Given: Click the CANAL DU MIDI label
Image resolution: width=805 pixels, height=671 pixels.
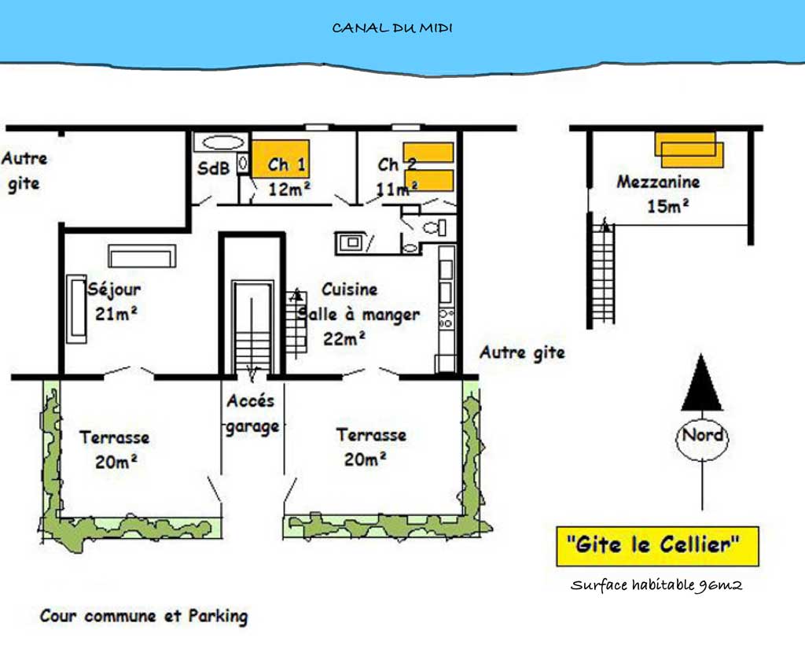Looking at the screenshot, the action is (392, 28).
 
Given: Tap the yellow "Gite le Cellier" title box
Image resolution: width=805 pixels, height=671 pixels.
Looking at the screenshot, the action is (658, 546).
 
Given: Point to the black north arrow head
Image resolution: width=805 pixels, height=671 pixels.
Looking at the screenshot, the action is (701, 382).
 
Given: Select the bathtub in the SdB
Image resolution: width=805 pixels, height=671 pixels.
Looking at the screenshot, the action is (222, 142).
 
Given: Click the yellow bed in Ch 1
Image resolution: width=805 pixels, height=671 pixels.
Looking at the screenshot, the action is (281, 159).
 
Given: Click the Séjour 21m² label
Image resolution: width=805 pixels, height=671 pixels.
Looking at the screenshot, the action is (115, 301).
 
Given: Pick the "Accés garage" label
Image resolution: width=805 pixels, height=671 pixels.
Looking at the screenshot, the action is (252, 414).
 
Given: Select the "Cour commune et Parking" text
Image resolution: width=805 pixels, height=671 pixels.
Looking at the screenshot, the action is (144, 616).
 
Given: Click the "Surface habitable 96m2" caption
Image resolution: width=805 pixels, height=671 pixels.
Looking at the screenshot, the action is (656, 584).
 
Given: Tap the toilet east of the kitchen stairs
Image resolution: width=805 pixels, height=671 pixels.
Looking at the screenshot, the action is (434, 227).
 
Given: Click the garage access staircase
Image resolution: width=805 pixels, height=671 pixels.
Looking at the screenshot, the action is (252, 329).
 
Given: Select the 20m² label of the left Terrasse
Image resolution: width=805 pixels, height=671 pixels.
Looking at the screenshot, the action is (116, 462).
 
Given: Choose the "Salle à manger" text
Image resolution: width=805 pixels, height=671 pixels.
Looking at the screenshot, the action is (358, 315).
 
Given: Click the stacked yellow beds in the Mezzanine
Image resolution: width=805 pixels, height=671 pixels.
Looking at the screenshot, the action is (689, 150).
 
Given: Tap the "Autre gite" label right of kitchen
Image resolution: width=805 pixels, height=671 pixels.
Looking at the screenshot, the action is (522, 353).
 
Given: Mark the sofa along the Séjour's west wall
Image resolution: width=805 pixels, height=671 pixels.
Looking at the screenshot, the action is (76, 309).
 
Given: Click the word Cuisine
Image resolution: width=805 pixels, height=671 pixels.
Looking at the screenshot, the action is (350, 289).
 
